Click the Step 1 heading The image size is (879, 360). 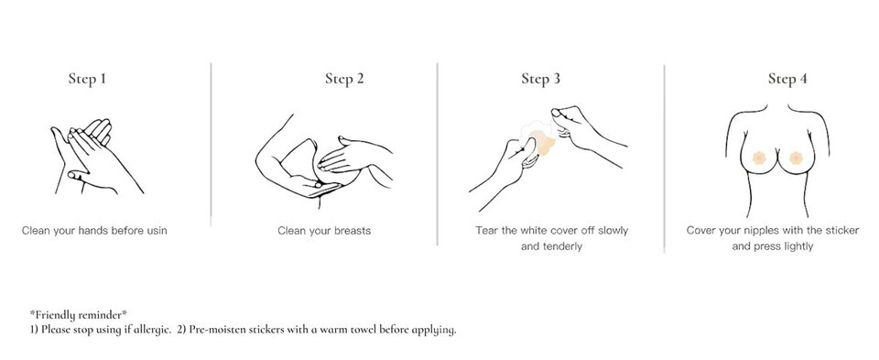click(x=87, y=79)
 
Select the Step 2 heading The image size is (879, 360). click(x=344, y=79)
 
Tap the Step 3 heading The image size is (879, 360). click(x=540, y=79)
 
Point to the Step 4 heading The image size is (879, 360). click(x=787, y=79)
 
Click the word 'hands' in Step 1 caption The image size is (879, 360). click(x=93, y=231)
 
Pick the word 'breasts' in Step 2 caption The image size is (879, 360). click(x=353, y=231)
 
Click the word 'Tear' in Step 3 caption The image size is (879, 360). click(x=486, y=231)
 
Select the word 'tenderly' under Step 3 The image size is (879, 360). click(x=562, y=246)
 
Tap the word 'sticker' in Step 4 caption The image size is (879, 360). click(x=841, y=231)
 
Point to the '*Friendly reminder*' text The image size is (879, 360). click(x=79, y=314)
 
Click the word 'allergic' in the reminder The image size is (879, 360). click(x=151, y=329)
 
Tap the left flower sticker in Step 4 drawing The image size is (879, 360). click(x=759, y=158)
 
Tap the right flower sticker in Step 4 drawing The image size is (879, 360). click(x=795, y=158)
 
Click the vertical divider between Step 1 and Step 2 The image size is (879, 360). click(x=211, y=146)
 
